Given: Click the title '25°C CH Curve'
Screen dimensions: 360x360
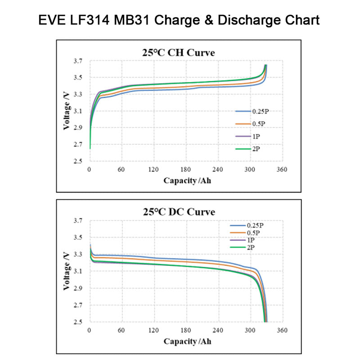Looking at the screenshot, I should (x=179, y=53).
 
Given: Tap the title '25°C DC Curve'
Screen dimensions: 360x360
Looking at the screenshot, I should (x=179, y=211).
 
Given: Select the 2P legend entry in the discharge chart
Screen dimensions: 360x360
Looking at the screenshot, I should (x=251, y=247).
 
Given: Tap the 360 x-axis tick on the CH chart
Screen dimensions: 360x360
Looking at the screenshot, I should (x=282, y=170).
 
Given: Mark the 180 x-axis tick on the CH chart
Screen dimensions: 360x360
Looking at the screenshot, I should (x=186, y=170).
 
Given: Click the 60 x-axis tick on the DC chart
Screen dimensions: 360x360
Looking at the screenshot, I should (x=121, y=330).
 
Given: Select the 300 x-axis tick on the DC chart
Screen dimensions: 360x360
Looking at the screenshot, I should (x=250, y=330).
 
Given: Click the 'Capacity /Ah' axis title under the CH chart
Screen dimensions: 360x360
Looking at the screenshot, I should (x=186, y=181).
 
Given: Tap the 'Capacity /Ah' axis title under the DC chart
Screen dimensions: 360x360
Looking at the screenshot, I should (x=186, y=341).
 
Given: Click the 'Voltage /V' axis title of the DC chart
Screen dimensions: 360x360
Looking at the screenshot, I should (x=66, y=271).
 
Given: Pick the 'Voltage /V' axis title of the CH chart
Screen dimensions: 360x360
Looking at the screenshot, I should (x=66, y=111).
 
